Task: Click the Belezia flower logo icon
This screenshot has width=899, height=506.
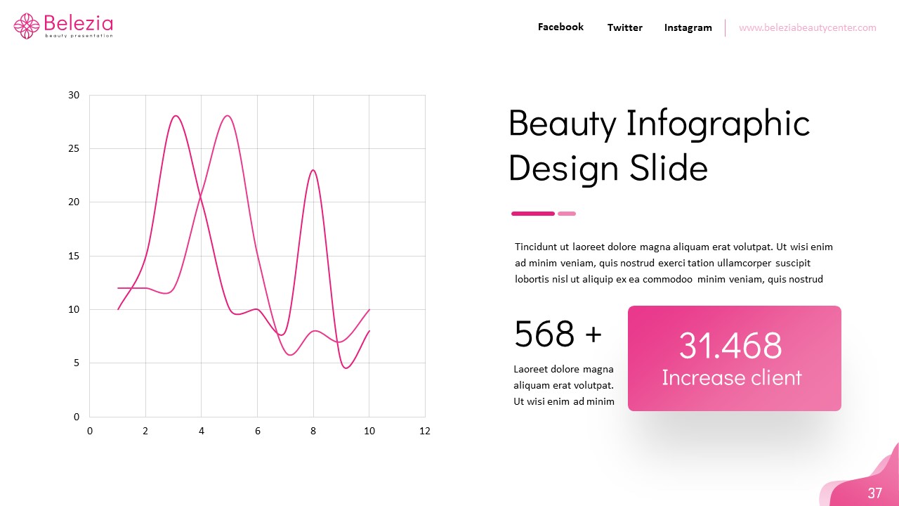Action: pyautogui.click(x=27, y=26)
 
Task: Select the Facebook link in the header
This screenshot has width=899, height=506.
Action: pyautogui.click(x=560, y=27)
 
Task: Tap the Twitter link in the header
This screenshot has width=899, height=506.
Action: pyautogui.click(x=624, y=27)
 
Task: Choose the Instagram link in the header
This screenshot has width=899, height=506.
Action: pyautogui.click(x=688, y=27)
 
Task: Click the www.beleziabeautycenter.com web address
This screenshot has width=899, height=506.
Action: pyautogui.click(x=807, y=27)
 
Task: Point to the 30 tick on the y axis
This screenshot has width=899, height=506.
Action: pyautogui.click(x=74, y=95)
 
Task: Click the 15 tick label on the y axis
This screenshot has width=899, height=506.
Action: pyautogui.click(x=74, y=256)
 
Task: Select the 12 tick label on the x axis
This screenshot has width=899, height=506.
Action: pyautogui.click(x=424, y=431)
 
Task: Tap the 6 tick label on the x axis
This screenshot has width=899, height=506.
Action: pyautogui.click(x=257, y=431)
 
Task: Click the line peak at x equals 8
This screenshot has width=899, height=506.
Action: pyautogui.click(x=313, y=170)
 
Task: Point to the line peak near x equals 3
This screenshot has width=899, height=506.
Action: pyautogui.click(x=175, y=116)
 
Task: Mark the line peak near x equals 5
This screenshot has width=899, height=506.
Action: pyautogui.click(x=227, y=116)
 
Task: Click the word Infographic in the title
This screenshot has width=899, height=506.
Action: pyautogui.click(x=718, y=124)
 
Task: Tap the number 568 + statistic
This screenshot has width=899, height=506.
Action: pyautogui.click(x=558, y=334)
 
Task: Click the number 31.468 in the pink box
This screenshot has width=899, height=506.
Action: pyautogui.click(x=730, y=345)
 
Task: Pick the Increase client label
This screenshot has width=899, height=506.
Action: pyautogui.click(x=731, y=377)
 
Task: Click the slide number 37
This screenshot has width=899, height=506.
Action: pyautogui.click(x=874, y=493)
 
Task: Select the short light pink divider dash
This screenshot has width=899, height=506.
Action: pyautogui.click(x=567, y=214)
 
